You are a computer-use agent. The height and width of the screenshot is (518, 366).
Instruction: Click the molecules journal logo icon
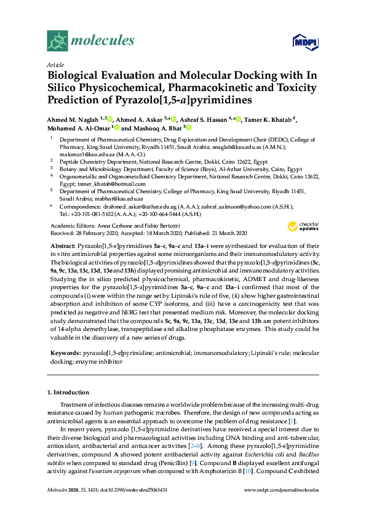57,41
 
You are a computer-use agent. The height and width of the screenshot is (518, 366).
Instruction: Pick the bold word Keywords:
65,354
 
